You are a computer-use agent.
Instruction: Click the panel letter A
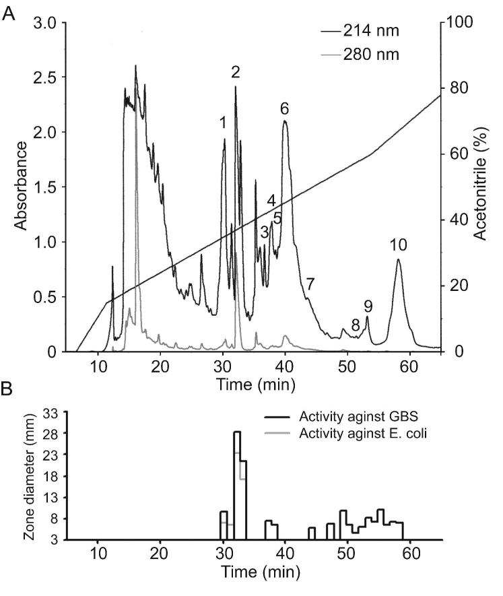pyautogui.click(x=9, y=13)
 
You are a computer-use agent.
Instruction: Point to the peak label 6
pyautogui.click(x=284, y=108)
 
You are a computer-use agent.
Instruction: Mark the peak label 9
pyautogui.click(x=368, y=306)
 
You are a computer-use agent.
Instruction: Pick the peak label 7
pyautogui.click(x=309, y=284)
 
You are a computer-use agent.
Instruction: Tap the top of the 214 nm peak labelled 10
pyautogui.click(x=399, y=260)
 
